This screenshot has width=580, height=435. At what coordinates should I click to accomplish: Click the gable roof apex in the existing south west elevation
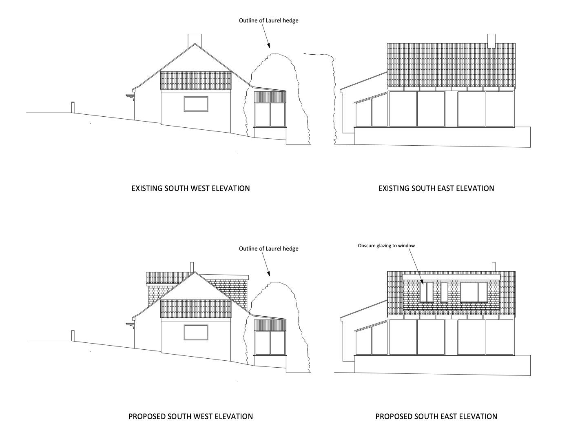pyautogui.click(x=195, y=44)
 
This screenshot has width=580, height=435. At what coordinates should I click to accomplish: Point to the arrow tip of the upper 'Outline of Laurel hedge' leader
pyautogui.click(x=270, y=48)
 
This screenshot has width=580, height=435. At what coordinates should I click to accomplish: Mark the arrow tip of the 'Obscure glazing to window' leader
pyautogui.click(x=423, y=284)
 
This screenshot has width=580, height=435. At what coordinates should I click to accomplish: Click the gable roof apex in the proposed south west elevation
pyautogui.click(x=195, y=272)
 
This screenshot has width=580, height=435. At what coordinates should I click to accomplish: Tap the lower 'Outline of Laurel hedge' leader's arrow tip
pyautogui.click(x=270, y=276)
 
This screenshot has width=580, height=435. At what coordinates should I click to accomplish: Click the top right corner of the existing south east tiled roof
pyautogui.click(x=515, y=43)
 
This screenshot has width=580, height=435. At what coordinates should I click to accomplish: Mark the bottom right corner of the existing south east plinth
pyautogui.click(x=530, y=147)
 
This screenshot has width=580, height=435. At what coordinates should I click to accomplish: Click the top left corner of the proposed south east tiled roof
pyautogui.click(x=387, y=271)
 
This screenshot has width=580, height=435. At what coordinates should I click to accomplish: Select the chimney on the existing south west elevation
pyautogui.click(x=195, y=41)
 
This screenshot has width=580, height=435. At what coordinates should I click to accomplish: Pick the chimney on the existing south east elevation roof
pyautogui.click(x=491, y=41)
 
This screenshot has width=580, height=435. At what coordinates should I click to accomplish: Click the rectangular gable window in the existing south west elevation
pyautogui.click(x=196, y=104)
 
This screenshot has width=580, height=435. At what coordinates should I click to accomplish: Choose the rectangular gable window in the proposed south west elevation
pyautogui.click(x=196, y=332)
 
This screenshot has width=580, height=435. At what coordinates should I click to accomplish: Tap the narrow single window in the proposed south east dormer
pyautogui.click(x=444, y=292)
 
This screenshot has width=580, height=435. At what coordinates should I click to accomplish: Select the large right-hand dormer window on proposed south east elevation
pyautogui.click(x=474, y=292)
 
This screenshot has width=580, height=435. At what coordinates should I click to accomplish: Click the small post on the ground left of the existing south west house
pyautogui.click(x=73, y=107)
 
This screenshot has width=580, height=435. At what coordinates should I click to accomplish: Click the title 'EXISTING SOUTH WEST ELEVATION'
pyautogui.click(x=190, y=189)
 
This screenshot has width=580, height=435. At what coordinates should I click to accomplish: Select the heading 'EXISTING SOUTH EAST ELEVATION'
pyautogui.click(x=436, y=189)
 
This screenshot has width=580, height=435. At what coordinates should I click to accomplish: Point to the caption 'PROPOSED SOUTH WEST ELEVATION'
pyautogui.click(x=190, y=417)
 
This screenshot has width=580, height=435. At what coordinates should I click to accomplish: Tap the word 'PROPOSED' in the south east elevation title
pyautogui.click(x=394, y=417)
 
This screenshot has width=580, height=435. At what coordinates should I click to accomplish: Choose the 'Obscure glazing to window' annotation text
pyautogui.click(x=386, y=246)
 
